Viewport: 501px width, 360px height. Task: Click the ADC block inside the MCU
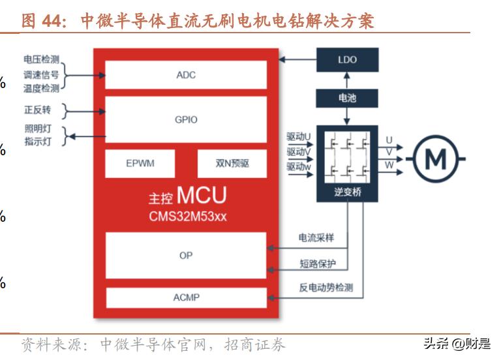coord(186,75)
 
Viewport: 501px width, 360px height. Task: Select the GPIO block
coord(186,120)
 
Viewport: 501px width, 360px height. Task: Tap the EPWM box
coord(140,163)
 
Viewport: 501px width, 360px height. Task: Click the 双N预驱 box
coord(232,163)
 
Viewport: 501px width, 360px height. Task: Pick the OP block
coord(186,256)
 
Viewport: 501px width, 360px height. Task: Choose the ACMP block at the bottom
coord(186,297)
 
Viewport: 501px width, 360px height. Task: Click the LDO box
coord(347,59)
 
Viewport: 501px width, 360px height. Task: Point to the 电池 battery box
coord(347,98)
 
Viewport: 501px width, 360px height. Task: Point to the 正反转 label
coord(37,109)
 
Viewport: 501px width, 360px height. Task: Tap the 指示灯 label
coord(37,142)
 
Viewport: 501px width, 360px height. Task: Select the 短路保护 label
coord(316,263)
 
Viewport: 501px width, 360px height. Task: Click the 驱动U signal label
coord(299,138)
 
